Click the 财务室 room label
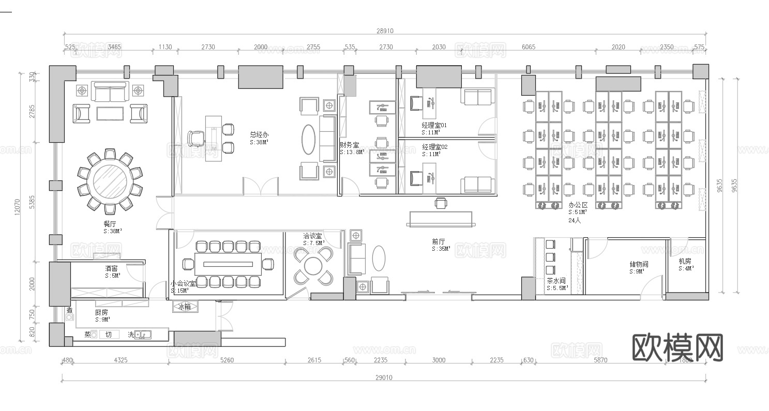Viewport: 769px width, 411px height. pos(349,145)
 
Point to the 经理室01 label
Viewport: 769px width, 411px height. pos(434,125)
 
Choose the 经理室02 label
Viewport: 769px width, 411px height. pos(434,147)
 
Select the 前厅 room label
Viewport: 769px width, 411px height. pos(439,241)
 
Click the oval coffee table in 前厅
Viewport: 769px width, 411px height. pos(379,258)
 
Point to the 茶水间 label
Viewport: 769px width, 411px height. pos(556,281)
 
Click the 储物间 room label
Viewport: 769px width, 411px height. pos(639,264)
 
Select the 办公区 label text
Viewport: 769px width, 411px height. pos(578,205)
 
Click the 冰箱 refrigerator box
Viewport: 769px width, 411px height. pos(185,307)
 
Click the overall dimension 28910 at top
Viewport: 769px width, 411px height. pos(385,31)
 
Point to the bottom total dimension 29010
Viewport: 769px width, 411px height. pos(384,377)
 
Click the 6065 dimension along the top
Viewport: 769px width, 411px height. pos(529,47)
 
